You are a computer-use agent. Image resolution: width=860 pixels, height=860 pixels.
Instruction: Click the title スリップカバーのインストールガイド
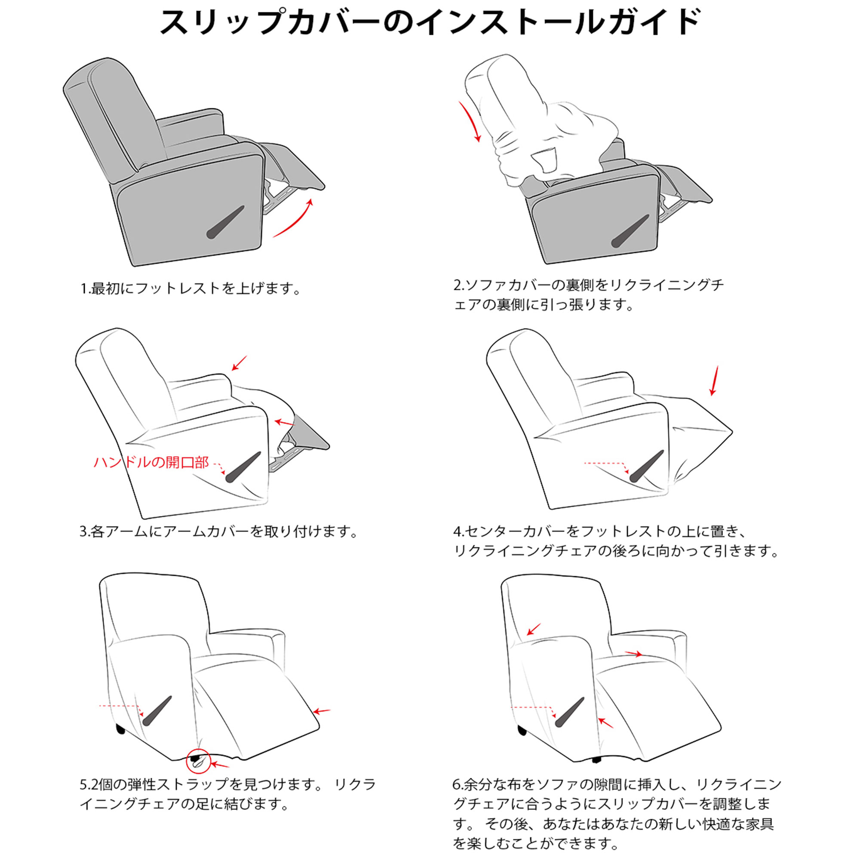(430, 22)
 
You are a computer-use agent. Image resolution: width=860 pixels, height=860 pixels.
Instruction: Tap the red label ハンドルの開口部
(151, 463)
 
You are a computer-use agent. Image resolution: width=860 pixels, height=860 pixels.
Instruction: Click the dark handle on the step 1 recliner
(225, 222)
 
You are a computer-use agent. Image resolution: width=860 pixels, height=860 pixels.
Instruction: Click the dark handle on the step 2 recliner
(630, 231)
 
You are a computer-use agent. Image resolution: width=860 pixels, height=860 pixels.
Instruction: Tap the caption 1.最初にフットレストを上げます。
(190, 289)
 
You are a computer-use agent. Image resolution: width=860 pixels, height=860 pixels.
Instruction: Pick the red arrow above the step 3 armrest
(239, 363)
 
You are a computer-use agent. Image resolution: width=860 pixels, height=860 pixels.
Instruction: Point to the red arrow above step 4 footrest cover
(714, 381)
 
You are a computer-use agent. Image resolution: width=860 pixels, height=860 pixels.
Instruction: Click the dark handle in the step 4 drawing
(646, 466)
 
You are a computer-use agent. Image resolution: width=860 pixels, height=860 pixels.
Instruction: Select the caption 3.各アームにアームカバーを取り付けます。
(218, 531)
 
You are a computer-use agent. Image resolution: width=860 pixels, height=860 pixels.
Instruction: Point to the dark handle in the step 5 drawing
(157, 711)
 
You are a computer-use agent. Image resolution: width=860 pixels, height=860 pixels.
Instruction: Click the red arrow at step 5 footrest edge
(321, 711)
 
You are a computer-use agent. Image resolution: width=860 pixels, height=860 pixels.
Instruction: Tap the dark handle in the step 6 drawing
(571, 713)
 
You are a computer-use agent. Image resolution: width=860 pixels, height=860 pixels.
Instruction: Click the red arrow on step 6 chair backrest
(534, 629)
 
